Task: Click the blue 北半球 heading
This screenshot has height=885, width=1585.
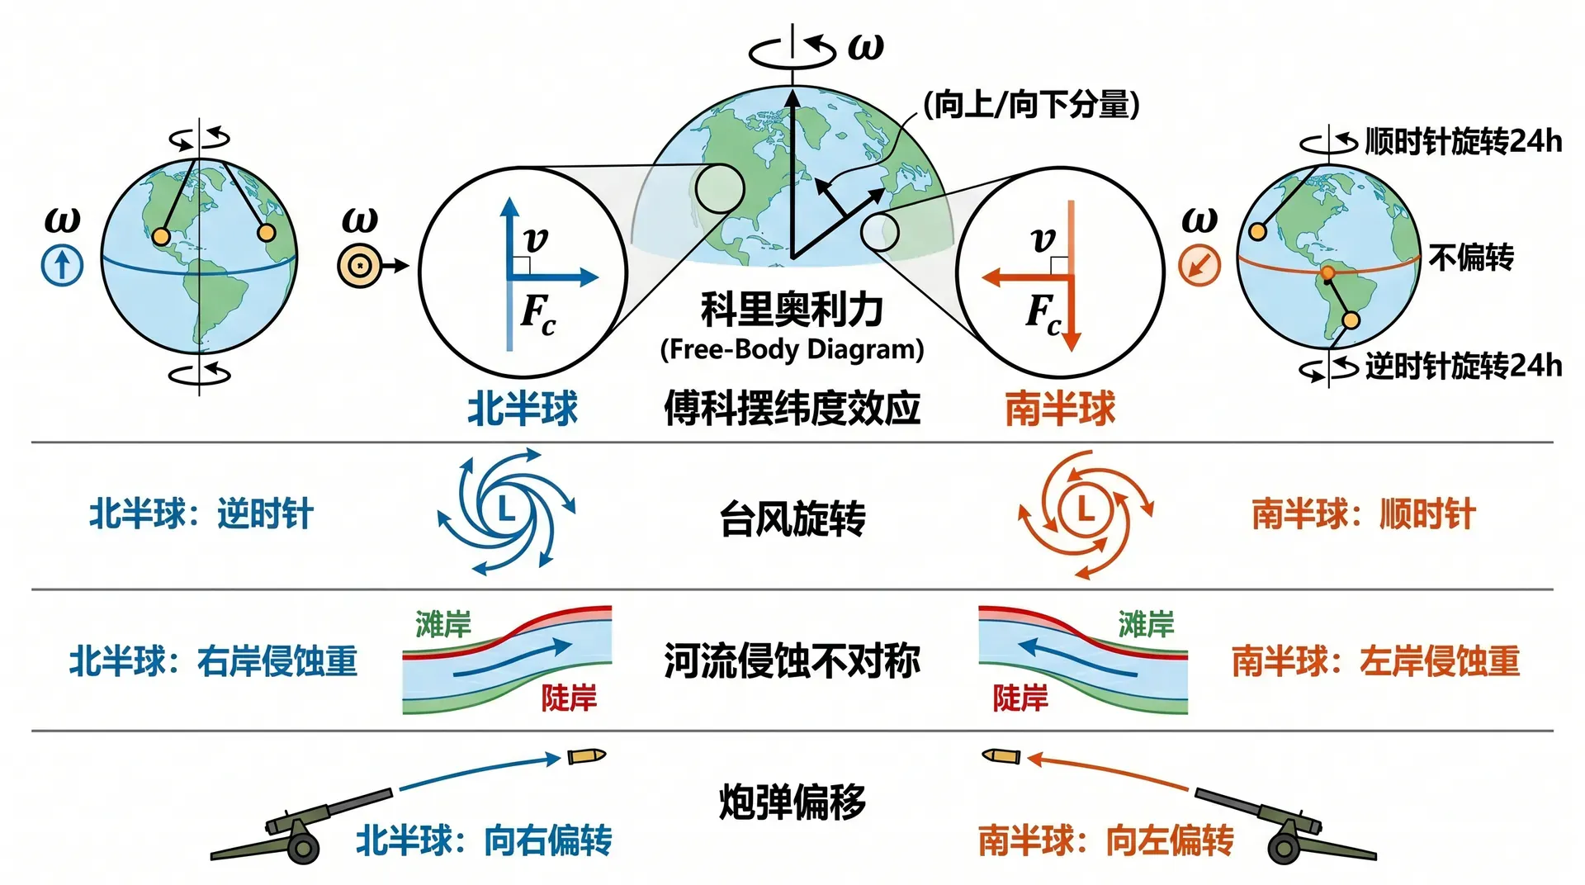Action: pyautogui.click(x=523, y=409)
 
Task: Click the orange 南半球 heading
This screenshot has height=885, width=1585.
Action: pyautogui.click(x=1061, y=409)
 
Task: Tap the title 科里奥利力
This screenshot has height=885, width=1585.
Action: pyautogui.click(x=792, y=310)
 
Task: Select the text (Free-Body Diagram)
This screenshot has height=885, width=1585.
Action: pyautogui.click(x=792, y=349)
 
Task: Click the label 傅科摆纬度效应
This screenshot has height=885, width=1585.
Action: pyautogui.click(x=792, y=408)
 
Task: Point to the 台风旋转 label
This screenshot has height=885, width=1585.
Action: pyautogui.click(x=792, y=519)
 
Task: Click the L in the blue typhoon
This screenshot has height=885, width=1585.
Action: pyautogui.click(x=505, y=509)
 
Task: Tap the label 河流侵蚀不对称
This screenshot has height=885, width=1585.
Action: pyautogui.click(x=792, y=661)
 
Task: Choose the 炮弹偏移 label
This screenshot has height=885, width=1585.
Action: pyautogui.click(x=792, y=802)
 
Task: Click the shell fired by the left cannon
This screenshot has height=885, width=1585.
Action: pyautogui.click(x=586, y=755)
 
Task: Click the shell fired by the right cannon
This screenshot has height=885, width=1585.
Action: pyautogui.click(x=1001, y=755)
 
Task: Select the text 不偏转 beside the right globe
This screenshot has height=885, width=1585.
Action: pyautogui.click(x=1471, y=258)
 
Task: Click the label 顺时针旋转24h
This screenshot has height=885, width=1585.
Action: pyautogui.click(x=1464, y=142)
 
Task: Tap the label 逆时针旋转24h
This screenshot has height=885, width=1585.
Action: pyautogui.click(x=1464, y=366)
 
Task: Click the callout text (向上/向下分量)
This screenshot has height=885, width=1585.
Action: pyautogui.click(x=1031, y=105)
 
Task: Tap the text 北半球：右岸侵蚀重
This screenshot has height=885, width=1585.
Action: pyautogui.click(x=213, y=661)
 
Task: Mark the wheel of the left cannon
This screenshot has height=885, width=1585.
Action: pyautogui.click(x=304, y=847)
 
